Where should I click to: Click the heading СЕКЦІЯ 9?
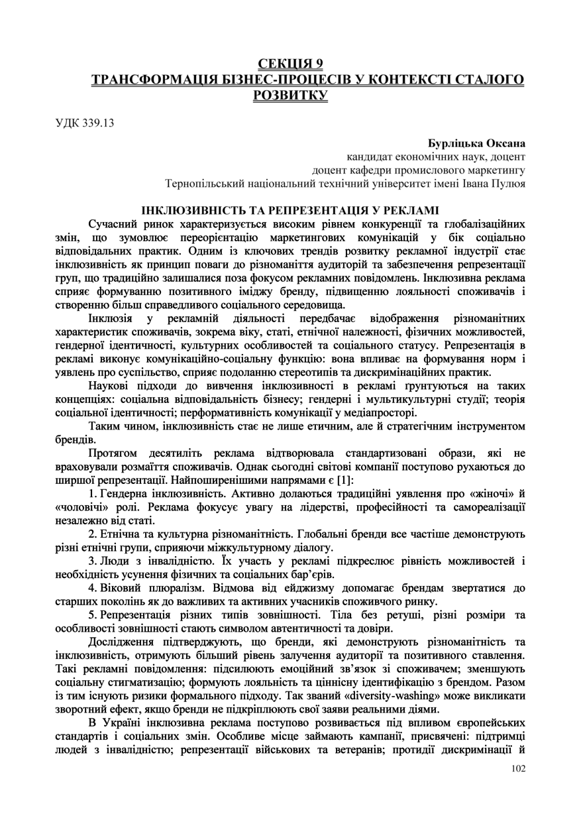coord(290,64)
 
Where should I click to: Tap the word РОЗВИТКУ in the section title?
coord(290,95)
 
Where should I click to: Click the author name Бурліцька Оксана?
coord(476,143)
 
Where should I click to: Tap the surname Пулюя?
coord(508,183)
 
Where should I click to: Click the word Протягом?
coord(113,453)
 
